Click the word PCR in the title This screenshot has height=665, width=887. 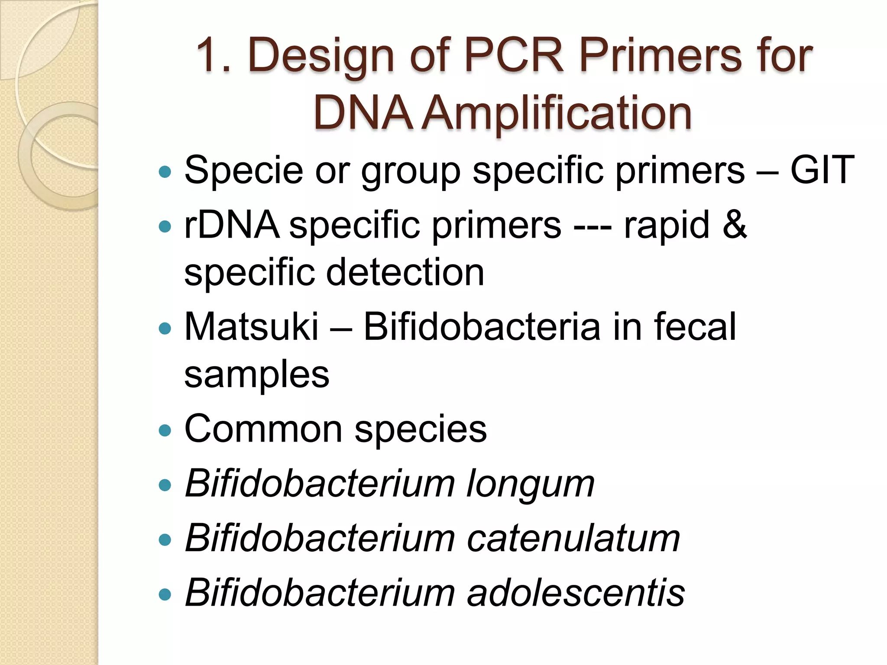click(x=514, y=55)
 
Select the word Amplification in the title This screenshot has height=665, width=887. click(x=556, y=113)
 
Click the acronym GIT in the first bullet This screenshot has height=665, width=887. click(x=822, y=170)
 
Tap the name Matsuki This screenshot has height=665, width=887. click(x=251, y=327)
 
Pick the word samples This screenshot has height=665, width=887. click(x=256, y=374)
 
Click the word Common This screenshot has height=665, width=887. click(x=263, y=429)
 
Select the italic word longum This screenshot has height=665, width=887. click(x=530, y=484)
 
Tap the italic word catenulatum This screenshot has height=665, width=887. click(x=573, y=539)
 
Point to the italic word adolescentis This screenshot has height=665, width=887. click(x=576, y=593)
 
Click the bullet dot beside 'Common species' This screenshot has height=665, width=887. click(x=165, y=431)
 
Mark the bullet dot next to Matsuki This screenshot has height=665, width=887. click(x=165, y=329)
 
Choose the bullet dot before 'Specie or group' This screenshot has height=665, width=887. click(x=165, y=172)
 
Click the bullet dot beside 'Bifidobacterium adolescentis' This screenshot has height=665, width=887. click(x=165, y=594)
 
